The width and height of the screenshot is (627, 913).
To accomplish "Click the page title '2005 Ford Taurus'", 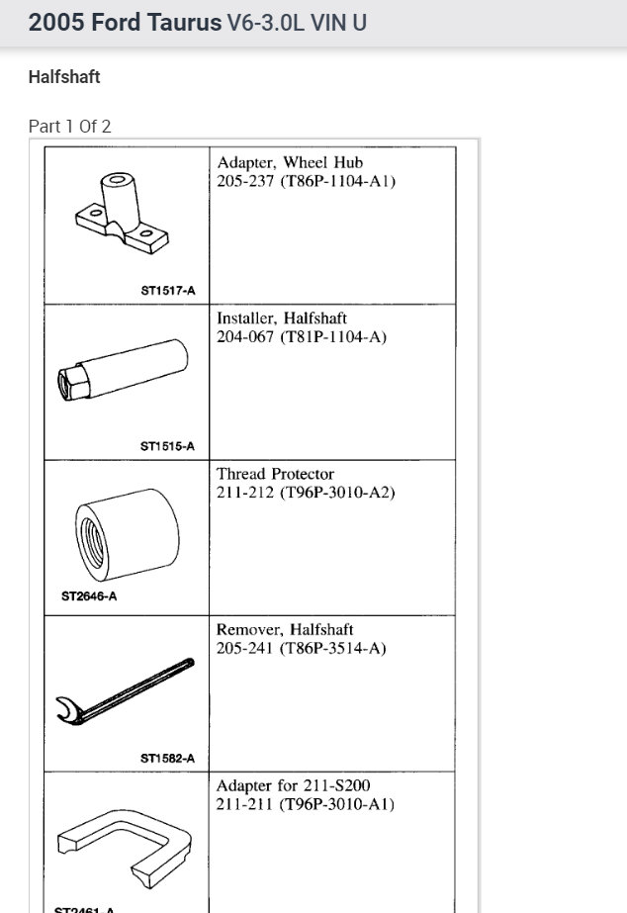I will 125,23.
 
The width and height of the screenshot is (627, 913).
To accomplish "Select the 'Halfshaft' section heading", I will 64,77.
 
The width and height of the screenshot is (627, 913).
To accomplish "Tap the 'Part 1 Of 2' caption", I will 69,127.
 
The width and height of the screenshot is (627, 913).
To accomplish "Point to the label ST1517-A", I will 167,291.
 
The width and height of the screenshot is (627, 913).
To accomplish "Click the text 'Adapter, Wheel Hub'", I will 290,162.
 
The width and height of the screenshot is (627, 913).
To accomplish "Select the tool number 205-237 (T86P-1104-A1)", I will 306,181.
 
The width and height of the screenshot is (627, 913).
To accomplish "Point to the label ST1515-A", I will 167,446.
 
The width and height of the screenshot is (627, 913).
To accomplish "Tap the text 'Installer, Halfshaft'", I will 282,319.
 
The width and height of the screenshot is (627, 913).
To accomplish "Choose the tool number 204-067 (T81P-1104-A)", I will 302,337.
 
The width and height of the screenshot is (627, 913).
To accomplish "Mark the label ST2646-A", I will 89,596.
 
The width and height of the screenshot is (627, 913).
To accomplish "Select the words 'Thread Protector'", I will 275,474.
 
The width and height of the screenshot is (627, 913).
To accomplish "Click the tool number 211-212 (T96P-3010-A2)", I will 306,493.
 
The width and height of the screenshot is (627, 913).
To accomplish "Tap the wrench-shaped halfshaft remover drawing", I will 125,691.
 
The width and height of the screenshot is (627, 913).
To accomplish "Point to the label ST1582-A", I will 167,759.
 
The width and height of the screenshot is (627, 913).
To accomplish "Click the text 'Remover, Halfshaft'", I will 285,629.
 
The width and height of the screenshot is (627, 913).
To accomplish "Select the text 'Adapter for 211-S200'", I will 293,785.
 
